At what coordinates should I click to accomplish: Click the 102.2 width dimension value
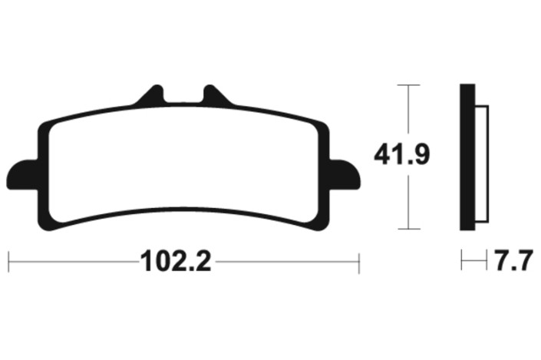click(x=175, y=261)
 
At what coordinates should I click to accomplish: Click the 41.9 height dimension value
click(x=402, y=154)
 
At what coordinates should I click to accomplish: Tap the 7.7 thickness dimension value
click(x=513, y=261)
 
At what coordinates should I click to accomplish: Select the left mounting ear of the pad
click(x=21, y=175)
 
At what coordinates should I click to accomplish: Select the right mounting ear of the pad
click(x=345, y=175)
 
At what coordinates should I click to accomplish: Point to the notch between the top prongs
click(x=183, y=97)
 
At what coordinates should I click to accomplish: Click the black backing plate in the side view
click(x=467, y=157)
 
